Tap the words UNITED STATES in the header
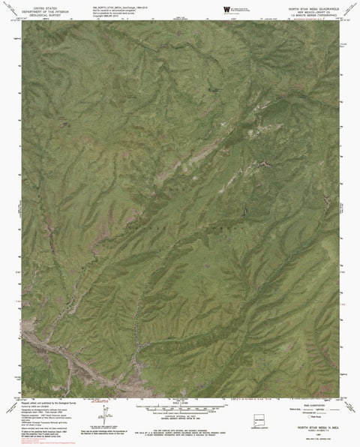pos(30,6)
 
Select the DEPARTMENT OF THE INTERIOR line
pos(30,10)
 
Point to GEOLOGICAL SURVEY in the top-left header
pos(30,13)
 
